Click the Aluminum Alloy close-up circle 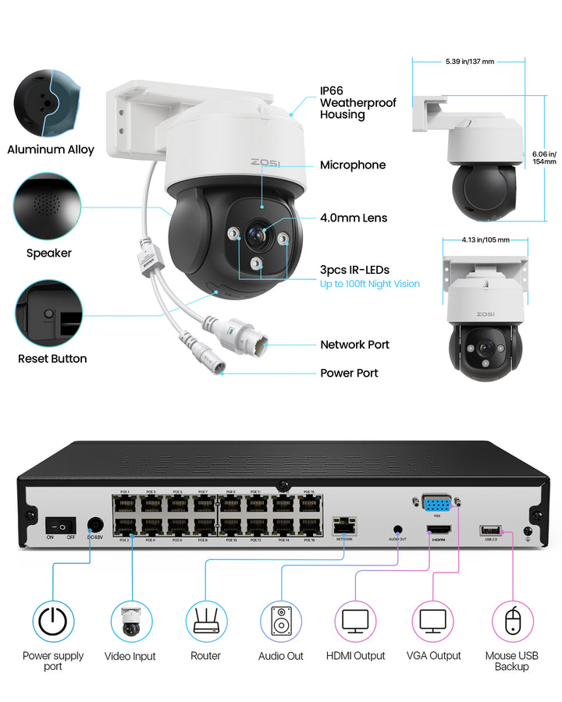click(x=46, y=101)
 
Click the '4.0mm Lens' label click(x=354, y=218)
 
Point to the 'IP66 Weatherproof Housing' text click(x=357, y=103)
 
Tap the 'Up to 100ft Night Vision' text click(x=370, y=284)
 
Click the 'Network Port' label click(x=354, y=345)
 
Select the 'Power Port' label click(x=349, y=373)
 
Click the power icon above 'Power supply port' click(x=53, y=622)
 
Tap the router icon click(x=206, y=622)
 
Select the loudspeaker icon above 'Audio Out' click(x=281, y=622)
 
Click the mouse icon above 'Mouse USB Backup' click(x=512, y=622)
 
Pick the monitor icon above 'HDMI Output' click(x=356, y=622)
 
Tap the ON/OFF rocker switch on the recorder click(x=61, y=526)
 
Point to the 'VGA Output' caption click(x=434, y=656)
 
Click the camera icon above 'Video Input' click(x=130, y=622)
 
